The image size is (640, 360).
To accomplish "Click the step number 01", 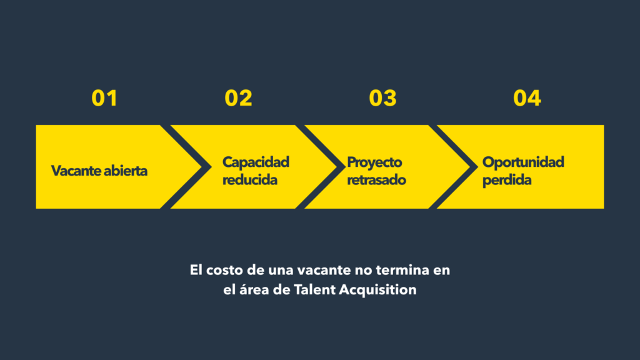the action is tap(104, 98).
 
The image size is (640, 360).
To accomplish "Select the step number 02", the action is tap(238, 98).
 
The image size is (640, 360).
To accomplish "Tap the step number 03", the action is tap(382, 98).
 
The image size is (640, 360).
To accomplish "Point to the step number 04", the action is tap(527, 98).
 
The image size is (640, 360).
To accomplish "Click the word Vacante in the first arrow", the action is tap(76, 171).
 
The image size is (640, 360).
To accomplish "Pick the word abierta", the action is tap(125, 171).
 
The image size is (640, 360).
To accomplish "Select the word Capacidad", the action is tap(256, 162).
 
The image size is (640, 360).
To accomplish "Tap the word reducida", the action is tap(250, 179).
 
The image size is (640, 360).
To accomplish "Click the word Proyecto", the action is tap(374, 162).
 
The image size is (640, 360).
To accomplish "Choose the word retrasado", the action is tap(376, 179).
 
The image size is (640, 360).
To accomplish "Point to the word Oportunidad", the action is tap(523, 162).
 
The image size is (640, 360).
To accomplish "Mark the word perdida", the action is tap(507, 180).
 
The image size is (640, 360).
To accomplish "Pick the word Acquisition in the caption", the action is tap(377, 290).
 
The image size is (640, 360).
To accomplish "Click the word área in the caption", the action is tap(253, 289).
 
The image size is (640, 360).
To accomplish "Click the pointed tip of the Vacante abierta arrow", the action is tap(202, 167).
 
